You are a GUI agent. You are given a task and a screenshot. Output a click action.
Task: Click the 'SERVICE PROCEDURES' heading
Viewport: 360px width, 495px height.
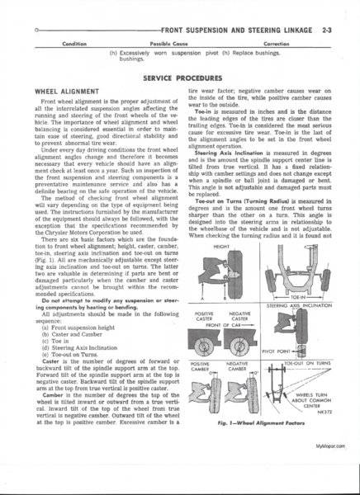coord(179,75)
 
